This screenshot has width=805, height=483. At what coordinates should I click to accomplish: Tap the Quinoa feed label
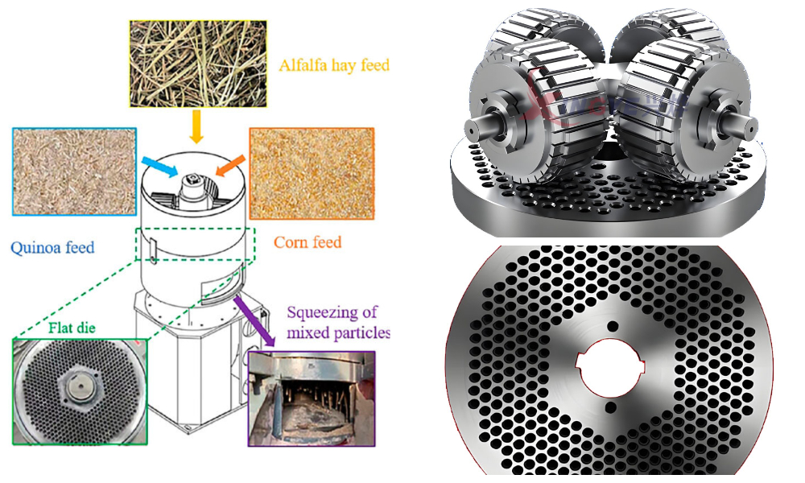point(52,246)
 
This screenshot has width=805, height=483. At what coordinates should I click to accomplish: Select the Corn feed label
point(308,242)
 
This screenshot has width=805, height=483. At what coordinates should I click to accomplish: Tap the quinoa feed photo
point(73,170)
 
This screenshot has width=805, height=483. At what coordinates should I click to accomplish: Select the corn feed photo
point(312,172)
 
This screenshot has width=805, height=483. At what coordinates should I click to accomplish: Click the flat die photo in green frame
point(80,390)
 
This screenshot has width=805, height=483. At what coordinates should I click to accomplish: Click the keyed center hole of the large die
point(609,367)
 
